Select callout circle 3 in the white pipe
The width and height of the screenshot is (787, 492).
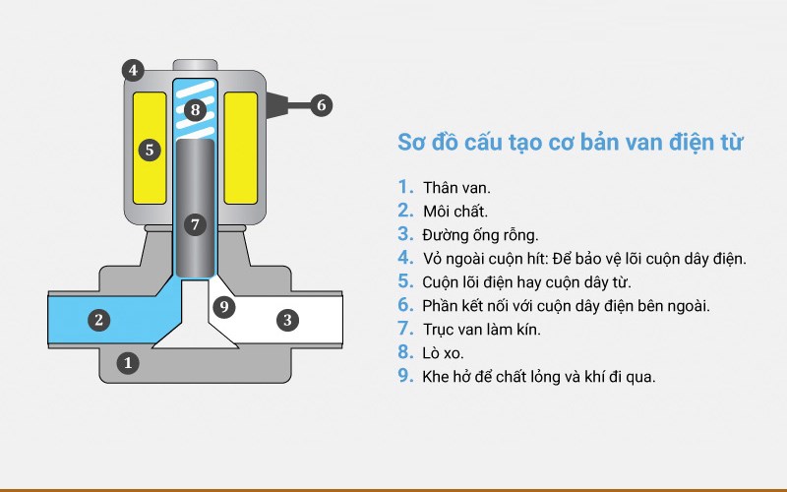tap(287, 319)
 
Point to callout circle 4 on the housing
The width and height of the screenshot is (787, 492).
tap(133, 70)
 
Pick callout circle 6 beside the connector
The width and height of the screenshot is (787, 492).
tap(322, 103)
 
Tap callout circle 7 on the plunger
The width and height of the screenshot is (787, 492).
tap(195, 224)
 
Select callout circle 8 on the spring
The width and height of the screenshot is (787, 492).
tap(195, 109)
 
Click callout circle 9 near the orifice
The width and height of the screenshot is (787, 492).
tap(224, 307)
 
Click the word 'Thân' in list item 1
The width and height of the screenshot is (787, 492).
tap(441, 187)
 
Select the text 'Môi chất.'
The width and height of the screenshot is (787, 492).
tap(455, 211)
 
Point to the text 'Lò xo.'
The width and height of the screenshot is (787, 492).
tap(446, 352)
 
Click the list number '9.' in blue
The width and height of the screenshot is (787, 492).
tap(405, 375)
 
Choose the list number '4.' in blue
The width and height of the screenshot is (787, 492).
tap(405, 258)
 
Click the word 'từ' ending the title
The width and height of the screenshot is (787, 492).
tap(729, 143)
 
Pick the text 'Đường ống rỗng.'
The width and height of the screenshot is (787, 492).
tap(481, 234)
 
